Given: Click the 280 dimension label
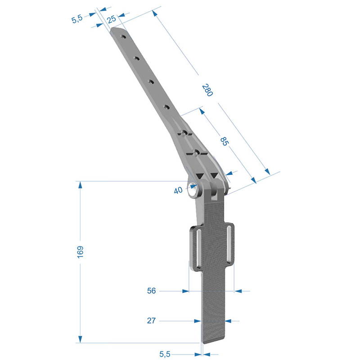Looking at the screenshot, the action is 207,90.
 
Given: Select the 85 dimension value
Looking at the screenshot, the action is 224,141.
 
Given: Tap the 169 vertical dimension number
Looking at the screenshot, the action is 80,252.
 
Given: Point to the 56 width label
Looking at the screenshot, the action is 151,291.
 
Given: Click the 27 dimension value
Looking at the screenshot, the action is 151,320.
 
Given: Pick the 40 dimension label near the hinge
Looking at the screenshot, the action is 178,190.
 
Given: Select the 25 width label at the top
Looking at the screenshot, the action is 112,19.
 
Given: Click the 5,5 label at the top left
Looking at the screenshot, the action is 77,19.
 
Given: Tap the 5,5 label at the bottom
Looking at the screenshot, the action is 165,354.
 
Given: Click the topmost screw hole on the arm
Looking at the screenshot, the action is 123,37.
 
